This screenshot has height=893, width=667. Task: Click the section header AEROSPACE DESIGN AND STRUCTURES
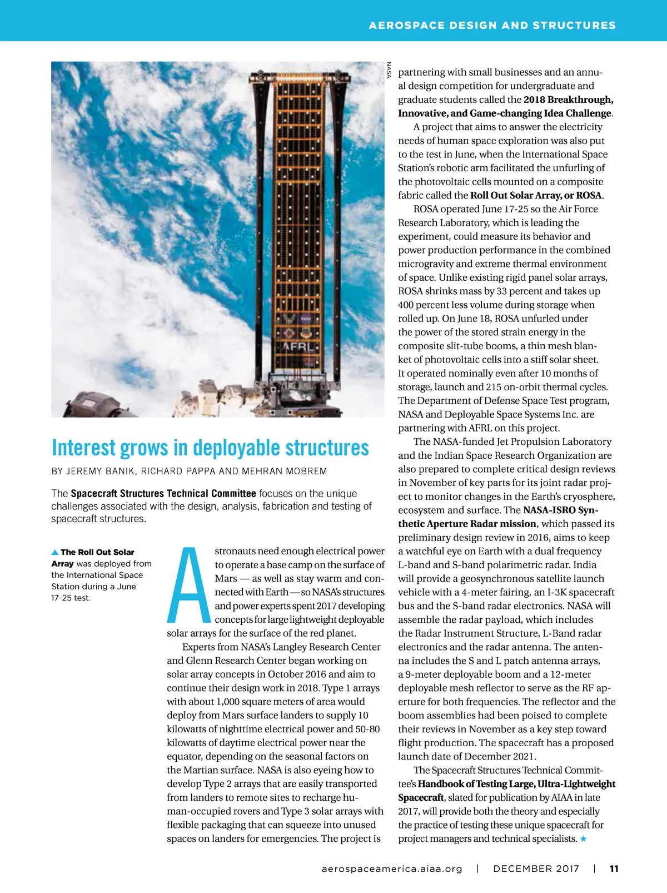click(x=492, y=26)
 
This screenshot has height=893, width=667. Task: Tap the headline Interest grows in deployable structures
click(x=210, y=448)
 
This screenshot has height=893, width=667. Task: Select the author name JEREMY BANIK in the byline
click(x=100, y=472)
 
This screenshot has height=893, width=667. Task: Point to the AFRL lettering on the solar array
click(x=298, y=346)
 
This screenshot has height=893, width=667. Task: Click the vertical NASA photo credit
click(x=389, y=70)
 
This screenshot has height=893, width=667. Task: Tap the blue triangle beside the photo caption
click(x=55, y=552)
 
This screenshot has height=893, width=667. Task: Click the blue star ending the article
click(x=583, y=839)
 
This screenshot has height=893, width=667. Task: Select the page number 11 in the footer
click(x=614, y=869)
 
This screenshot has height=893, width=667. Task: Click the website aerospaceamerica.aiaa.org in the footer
click(x=392, y=869)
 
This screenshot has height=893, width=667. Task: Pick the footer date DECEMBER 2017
click(x=536, y=869)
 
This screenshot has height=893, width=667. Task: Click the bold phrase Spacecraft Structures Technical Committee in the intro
click(x=163, y=493)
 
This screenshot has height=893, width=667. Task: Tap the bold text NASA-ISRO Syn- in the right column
click(x=560, y=510)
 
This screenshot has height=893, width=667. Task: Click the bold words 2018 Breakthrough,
click(x=568, y=100)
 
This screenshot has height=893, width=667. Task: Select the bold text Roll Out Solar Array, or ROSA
click(x=536, y=195)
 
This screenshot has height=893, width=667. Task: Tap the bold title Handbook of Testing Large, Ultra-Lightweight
click(x=516, y=783)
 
